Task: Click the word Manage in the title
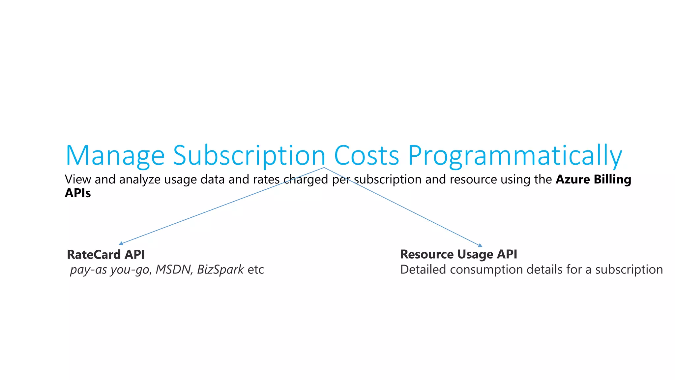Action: (115, 155)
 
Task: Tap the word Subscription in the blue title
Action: (249, 155)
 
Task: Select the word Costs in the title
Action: (367, 155)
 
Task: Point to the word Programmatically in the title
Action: (515, 155)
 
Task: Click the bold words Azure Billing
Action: (593, 179)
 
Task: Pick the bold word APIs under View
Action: (78, 193)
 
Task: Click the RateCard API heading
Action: (106, 255)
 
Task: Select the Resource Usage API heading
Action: (458, 254)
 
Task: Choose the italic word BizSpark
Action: (220, 269)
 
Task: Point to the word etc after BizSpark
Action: (256, 270)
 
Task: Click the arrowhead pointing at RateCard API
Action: (121, 244)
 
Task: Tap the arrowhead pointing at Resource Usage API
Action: (480, 245)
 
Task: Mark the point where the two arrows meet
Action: (324, 168)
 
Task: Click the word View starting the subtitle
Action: (78, 179)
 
